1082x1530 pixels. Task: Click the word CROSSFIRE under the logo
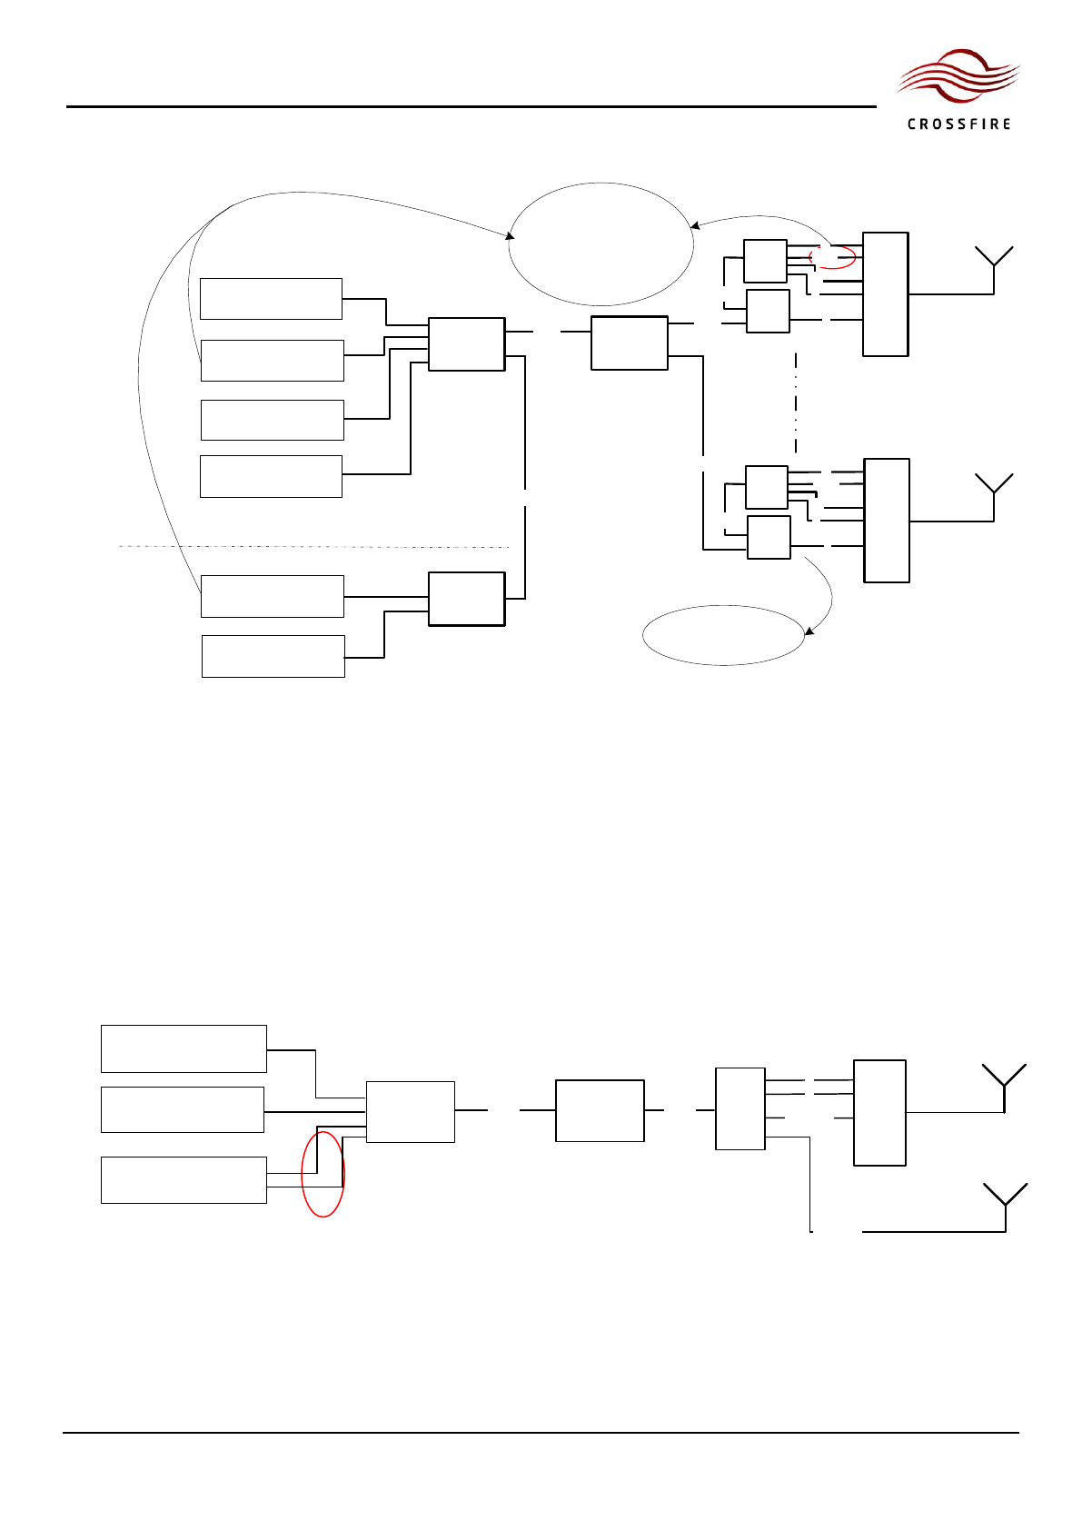[958, 124]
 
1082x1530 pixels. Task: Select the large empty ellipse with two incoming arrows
[601, 243]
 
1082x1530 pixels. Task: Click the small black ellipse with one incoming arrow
[723, 635]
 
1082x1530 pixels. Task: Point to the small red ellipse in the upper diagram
[832, 257]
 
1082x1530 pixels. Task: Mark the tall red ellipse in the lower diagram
[323, 1174]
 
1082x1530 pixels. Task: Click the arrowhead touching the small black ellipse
[808, 631]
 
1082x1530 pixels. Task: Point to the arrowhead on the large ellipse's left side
[511, 237]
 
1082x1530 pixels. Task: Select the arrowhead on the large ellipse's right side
[695, 225]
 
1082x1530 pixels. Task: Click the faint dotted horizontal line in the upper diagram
[313, 547]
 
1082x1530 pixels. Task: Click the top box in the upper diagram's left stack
[271, 299]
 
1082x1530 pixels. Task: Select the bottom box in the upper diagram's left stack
[273, 656]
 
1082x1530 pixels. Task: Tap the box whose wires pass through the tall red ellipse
[184, 1180]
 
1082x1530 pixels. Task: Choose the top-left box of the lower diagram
[184, 1048]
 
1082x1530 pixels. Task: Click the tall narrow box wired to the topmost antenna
[885, 294]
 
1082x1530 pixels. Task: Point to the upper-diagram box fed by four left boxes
[466, 344]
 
